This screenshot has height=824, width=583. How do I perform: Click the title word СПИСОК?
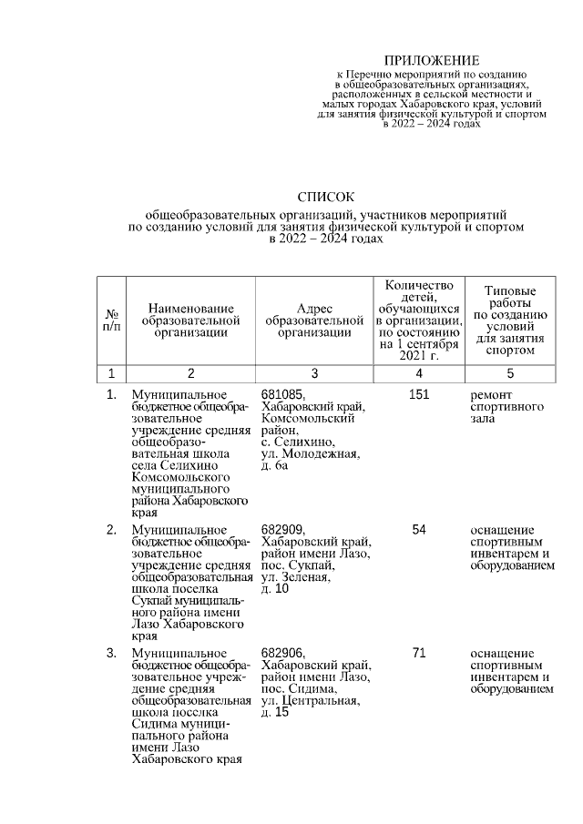(x=326, y=197)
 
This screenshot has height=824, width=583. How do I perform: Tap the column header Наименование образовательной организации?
(x=190, y=321)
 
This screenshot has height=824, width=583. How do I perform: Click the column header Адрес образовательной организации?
(x=314, y=321)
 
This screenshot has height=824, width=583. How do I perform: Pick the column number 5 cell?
(x=510, y=373)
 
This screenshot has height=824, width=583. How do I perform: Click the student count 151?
(x=419, y=395)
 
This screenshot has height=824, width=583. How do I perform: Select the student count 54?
(x=419, y=530)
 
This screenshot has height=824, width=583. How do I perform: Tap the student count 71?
(x=419, y=654)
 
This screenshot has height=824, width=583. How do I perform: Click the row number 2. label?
(x=111, y=530)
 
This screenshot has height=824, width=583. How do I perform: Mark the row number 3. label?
(x=111, y=654)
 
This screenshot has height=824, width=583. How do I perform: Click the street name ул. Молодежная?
(x=310, y=453)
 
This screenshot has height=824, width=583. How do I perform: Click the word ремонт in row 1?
(x=491, y=395)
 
